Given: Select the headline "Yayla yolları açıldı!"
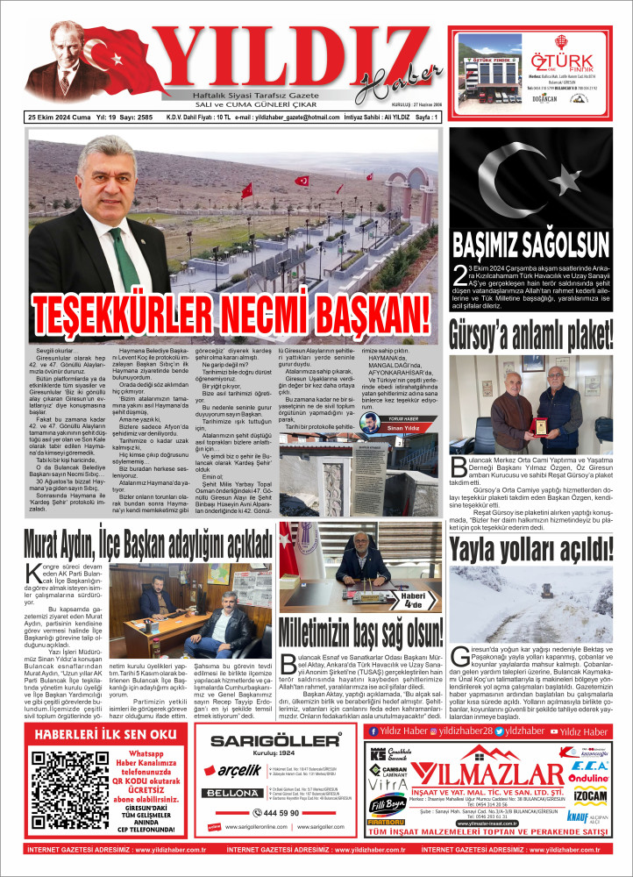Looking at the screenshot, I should click(530, 550).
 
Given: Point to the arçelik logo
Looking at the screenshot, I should click(240, 770).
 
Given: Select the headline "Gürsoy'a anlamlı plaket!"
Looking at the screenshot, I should click(530, 334).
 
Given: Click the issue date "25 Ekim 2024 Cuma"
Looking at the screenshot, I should click(60, 117).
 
